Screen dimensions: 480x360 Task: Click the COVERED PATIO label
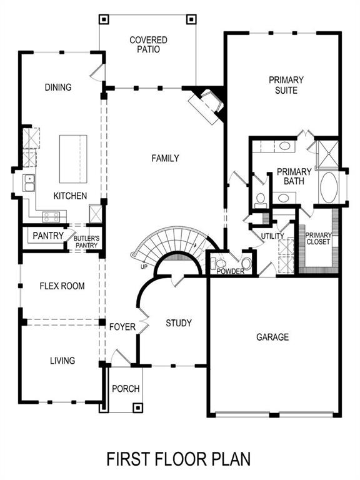click(x=148, y=45)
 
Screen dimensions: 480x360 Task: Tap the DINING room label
click(x=58, y=87)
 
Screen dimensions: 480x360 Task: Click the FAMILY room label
click(x=165, y=159)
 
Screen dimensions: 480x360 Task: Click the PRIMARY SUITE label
click(x=286, y=85)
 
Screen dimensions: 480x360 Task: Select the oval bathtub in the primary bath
click(x=328, y=188)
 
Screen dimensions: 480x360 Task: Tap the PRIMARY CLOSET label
click(x=319, y=240)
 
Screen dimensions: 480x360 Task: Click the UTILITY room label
click(x=272, y=236)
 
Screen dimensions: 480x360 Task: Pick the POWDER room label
click(x=230, y=271)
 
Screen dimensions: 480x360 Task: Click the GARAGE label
click(x=272, y=337)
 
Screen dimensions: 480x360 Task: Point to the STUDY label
click(x=178, y=323)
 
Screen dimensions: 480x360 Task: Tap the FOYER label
click(x=122, y=327)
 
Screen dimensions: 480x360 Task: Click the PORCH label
click(x=125, y=389)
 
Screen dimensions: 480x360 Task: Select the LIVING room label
click(x=62, y=361)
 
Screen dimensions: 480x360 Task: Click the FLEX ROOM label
click(x=62, y=286)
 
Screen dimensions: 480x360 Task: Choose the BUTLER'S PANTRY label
click(x=86, y=242)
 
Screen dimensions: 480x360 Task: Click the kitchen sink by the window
click(x=29, y=183)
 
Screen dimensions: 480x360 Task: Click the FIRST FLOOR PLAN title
click(x=179, y=459)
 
